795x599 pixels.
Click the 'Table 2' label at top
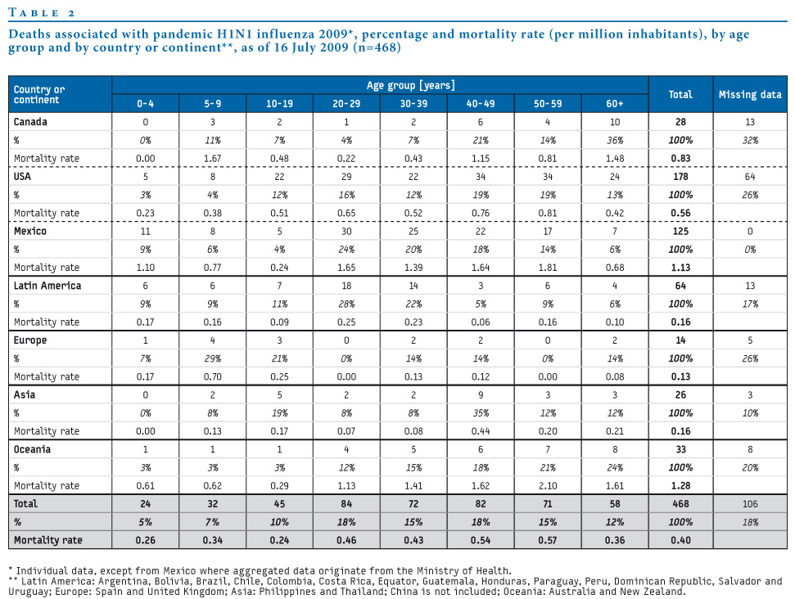point(42,12)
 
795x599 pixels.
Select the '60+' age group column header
point(615,103)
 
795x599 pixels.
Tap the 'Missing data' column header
point(750,94)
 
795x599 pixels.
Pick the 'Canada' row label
point(30,122)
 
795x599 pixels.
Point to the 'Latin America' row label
point(47,286)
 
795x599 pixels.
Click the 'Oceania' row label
point(32,449)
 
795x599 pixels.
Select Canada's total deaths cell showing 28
point(680,122)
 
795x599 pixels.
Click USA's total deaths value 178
point(680,177)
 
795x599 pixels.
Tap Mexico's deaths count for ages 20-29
point(346,231)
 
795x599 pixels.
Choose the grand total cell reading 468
point(680,504)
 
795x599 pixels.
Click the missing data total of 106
point(750,504)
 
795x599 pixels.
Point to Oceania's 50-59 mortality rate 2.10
point(548,485)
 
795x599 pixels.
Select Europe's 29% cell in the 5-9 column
point(212,358)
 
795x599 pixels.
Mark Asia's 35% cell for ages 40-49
point(481,413)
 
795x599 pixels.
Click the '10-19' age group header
point(279,103)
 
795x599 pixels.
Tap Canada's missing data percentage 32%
point(750,140)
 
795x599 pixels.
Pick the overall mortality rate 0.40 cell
point(680,540)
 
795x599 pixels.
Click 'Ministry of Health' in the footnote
point(463,570)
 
